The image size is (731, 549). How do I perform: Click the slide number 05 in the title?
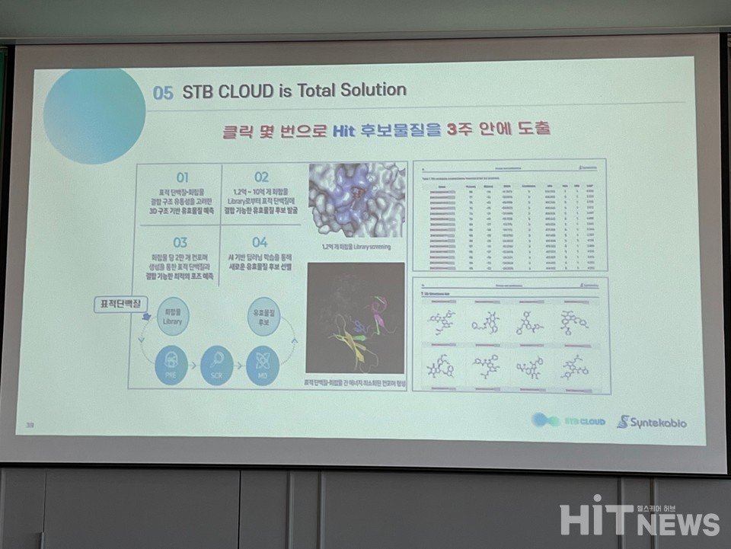[x=163, y=92]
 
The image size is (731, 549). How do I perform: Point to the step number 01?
[x=182, y=177]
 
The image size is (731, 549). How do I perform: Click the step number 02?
[x=260, y=177]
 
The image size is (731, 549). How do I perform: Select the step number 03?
[x=180, y=244]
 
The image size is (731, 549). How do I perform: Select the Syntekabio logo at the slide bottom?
[x=651, y=421]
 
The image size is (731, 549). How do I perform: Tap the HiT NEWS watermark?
[x=640, y=518]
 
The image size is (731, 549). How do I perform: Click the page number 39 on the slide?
[x=30, y=425]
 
